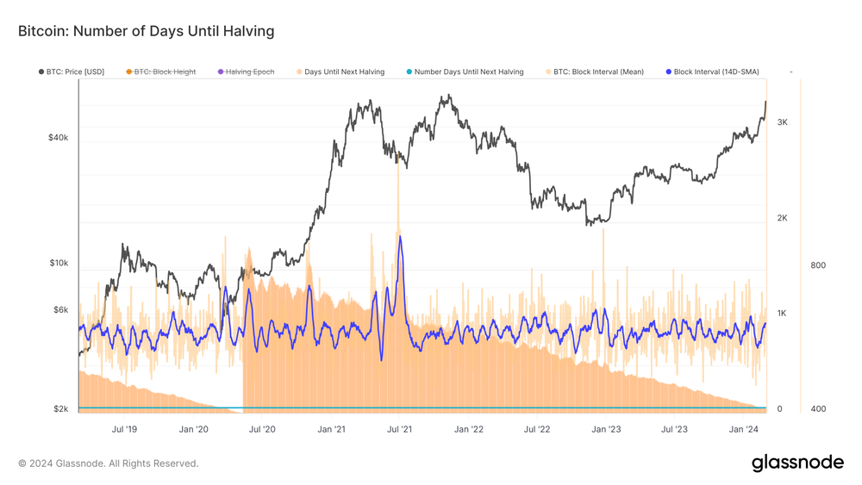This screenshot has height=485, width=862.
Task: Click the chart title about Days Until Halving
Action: click(146, 31)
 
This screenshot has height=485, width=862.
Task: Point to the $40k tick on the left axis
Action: click(58, 138)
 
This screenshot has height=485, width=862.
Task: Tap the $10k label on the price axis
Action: click(58, 263)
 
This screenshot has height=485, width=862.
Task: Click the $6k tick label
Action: click(60, 309)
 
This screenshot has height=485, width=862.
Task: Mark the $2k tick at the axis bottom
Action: click(60, 409)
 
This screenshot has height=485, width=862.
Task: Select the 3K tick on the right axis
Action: click(782, 122)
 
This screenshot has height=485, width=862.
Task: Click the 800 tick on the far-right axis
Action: click(818, 265)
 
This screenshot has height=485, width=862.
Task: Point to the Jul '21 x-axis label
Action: click(399, 429)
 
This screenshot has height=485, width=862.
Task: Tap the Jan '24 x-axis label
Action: click(744, 429)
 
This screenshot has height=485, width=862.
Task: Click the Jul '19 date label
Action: click(125, 429)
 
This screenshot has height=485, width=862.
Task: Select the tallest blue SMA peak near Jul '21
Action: click(400, 237)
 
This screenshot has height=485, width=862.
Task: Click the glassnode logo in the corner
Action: click(797, 463)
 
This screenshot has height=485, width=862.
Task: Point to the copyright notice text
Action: click(108, 463)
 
